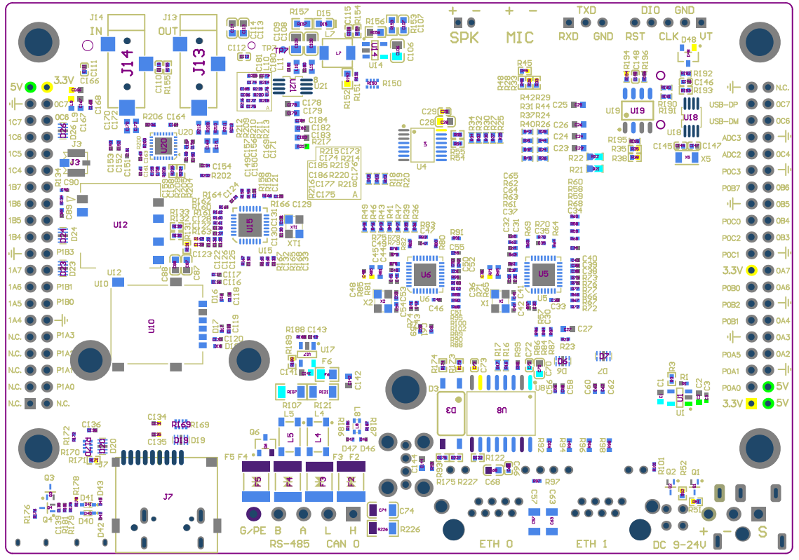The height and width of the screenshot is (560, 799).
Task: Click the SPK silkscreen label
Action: (464, 38)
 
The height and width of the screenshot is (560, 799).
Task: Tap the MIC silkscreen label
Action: (520, 38)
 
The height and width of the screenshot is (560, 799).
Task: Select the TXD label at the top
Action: (586, 11)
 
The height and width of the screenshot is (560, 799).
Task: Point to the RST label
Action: (635, 37)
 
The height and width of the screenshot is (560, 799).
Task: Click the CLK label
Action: (669, 37)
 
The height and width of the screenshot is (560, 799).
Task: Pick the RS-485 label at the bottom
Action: (289, 545)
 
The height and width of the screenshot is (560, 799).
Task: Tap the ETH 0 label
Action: (496, 544)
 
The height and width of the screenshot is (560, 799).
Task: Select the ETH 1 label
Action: (591, 544)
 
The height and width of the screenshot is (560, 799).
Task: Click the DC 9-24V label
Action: (678, 545)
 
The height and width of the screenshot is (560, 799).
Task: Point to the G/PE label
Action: (253, 531)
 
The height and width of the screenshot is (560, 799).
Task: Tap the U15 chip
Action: (250, 224)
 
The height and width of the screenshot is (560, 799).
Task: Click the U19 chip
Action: (637, 111)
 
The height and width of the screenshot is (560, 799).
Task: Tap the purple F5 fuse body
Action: (256, 482)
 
